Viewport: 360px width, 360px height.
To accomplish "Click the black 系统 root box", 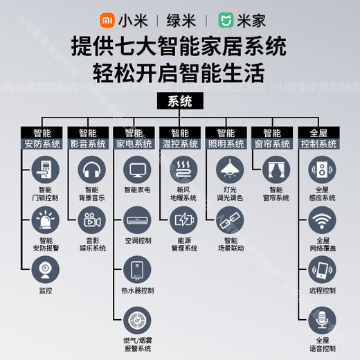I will tap(180, 102).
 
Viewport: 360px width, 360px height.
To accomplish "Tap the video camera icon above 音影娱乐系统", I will tap(91, 220).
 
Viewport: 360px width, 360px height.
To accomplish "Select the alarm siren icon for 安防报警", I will tap(45, 220).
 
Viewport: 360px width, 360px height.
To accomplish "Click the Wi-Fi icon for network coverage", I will tap(321, 220).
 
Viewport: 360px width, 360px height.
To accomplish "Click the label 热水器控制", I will tap(137, 289).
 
